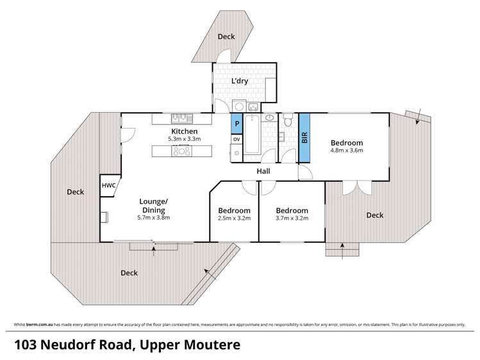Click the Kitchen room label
tap(174, 131)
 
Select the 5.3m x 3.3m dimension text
tap(174, 138)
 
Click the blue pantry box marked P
tap(236, 124)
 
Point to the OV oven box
tap(236, 138)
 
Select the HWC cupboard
tap(106, 186)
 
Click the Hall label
tap(263, 172)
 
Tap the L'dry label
tap(240, 81)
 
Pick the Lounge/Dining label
tap(153, 206)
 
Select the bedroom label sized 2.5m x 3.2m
tap(234, 211)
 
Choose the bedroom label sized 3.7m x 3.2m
tap(292, 211)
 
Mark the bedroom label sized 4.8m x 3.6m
tap(347, 143)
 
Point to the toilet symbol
tap(288, 120)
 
